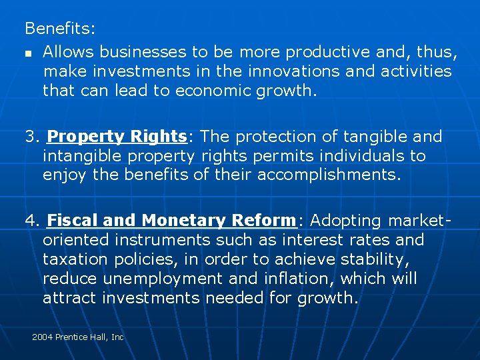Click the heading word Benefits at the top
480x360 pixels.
[x=59, y=29]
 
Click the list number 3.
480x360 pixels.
[x=31, y=137]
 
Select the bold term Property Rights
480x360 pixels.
[x=117, y=137]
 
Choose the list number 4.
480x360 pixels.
[x=31, y=220]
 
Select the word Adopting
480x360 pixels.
[x=345, y=220]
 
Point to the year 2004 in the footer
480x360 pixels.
[x=42, y=337]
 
